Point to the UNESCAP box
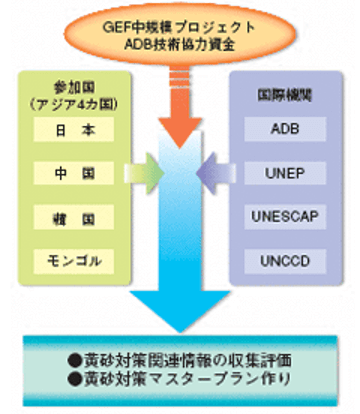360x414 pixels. (x=283, y=217)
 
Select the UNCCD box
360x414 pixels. (x=283, y=260)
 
